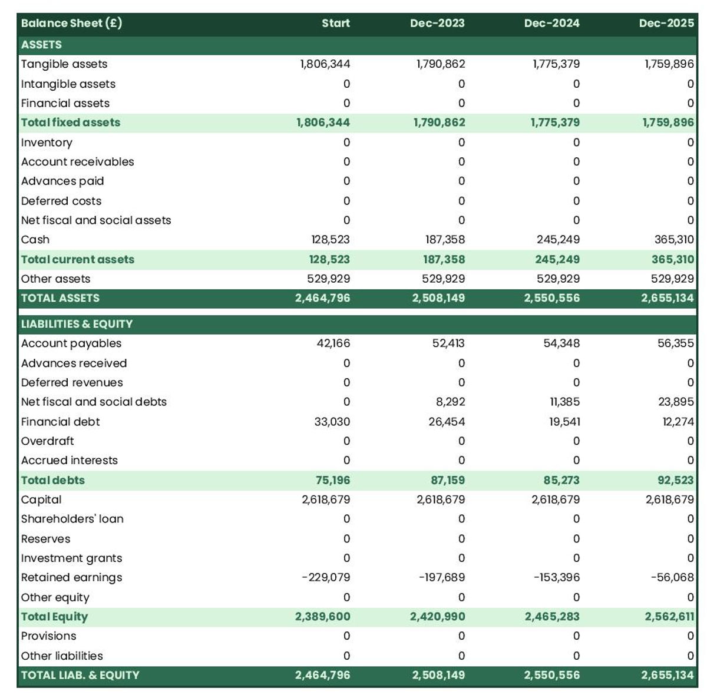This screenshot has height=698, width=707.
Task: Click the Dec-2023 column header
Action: (x=437, y=24)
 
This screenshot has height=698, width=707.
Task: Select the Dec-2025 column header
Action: (x=666, y=24)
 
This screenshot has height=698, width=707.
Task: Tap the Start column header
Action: (x=336, y=24)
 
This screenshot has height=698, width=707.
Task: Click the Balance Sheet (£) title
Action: (x=71, y=24)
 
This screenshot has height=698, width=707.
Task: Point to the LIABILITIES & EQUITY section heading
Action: (x=77, y=324)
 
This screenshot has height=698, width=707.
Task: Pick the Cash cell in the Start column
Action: (x=331, y=240)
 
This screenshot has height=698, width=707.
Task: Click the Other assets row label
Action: (x=55, y=279)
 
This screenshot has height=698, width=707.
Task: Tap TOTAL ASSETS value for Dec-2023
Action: (x=438, y=298)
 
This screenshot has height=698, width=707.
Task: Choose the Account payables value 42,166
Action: (x=333, y=343)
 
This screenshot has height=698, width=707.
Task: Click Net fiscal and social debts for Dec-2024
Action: (x=561, y=402)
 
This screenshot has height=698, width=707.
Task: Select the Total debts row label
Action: (x=52, y=480)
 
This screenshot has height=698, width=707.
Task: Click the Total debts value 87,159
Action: (x=447, y=480)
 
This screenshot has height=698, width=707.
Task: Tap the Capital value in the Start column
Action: (x=326, y=499)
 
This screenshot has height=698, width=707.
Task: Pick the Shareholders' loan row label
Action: (x=72, y=519)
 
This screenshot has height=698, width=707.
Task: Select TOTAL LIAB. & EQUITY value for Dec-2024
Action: (x=551, y=675)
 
